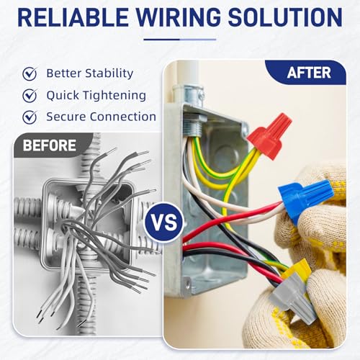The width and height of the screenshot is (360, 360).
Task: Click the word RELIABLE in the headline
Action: pyautogui.click(x=73, y=17)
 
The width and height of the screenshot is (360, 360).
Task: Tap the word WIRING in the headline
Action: pyautogui.click(x=179, y=17)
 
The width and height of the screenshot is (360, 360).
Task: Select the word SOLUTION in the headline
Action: pyautogui.click(x=285, y=17)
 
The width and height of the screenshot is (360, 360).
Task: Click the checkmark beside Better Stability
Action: pyautogui.click(x=30, y=73)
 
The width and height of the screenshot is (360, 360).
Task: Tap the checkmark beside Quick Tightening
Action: pyautogui.click(x=30, y=95)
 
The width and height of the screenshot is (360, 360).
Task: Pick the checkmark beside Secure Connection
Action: pyautogui.click(x=30, y=117)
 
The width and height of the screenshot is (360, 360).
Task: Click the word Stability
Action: pyautogui.click(x=109, y=73)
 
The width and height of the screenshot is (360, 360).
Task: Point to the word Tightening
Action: pyautogui.click(x=112, y=96)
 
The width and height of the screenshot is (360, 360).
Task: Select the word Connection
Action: pyautogui.click(x=123, y=117)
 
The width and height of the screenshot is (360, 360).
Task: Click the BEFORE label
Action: pyautogui.click(x=49, y=145)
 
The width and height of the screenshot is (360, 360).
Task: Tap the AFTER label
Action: pyautogui.click(x=309, y=73)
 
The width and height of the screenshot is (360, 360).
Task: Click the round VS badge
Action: pyautogui.click(x=164, y=222)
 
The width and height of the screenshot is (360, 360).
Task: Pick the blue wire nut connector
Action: pyautogui.click(x=305, y=199)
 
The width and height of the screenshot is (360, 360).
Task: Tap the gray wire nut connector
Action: pyautogui.click(x=292, y=297)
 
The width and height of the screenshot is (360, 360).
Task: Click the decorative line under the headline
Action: pyautogui.click(x=180, y=40)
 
